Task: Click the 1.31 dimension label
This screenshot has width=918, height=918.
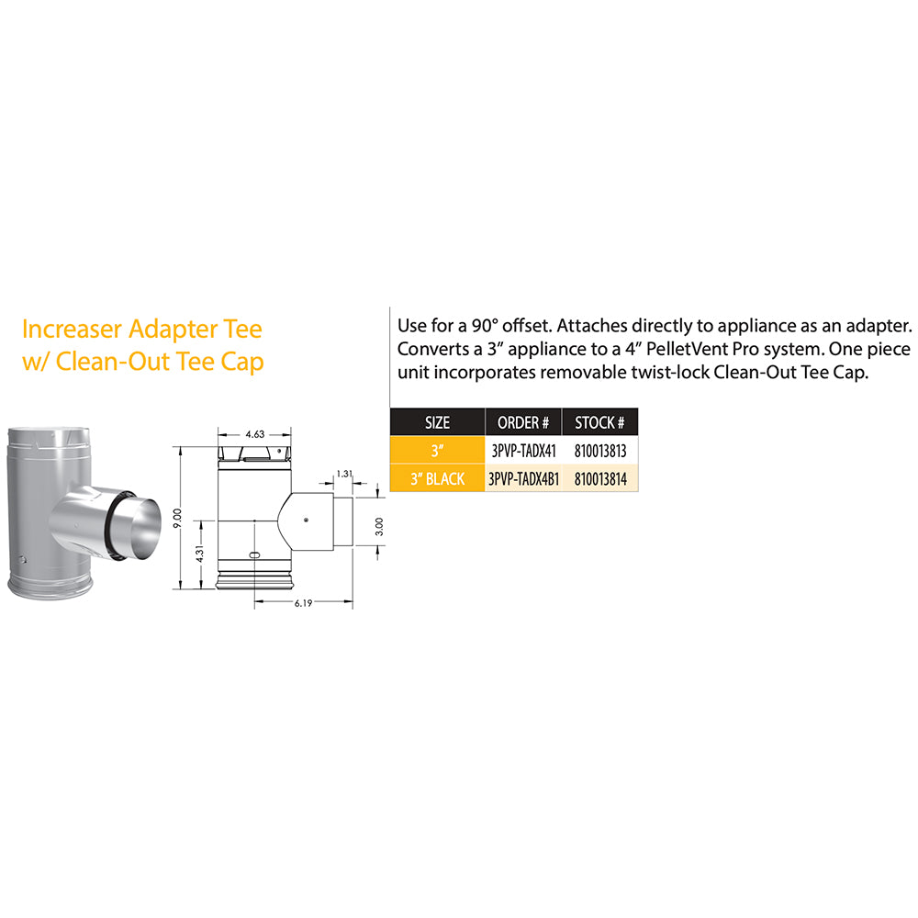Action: (345, 474)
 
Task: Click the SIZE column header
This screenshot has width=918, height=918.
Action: (437, 423)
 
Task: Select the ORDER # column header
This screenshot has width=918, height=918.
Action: (522, 423)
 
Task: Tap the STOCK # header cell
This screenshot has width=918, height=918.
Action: (599, 423)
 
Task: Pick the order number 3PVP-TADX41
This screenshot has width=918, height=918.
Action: (522, 451)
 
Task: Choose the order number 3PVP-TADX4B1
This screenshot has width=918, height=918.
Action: (523, 478)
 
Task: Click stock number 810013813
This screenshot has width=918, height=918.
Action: (599, 451)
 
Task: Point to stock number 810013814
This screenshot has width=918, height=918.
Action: (599, 478)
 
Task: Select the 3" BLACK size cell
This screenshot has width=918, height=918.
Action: (437, 478)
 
